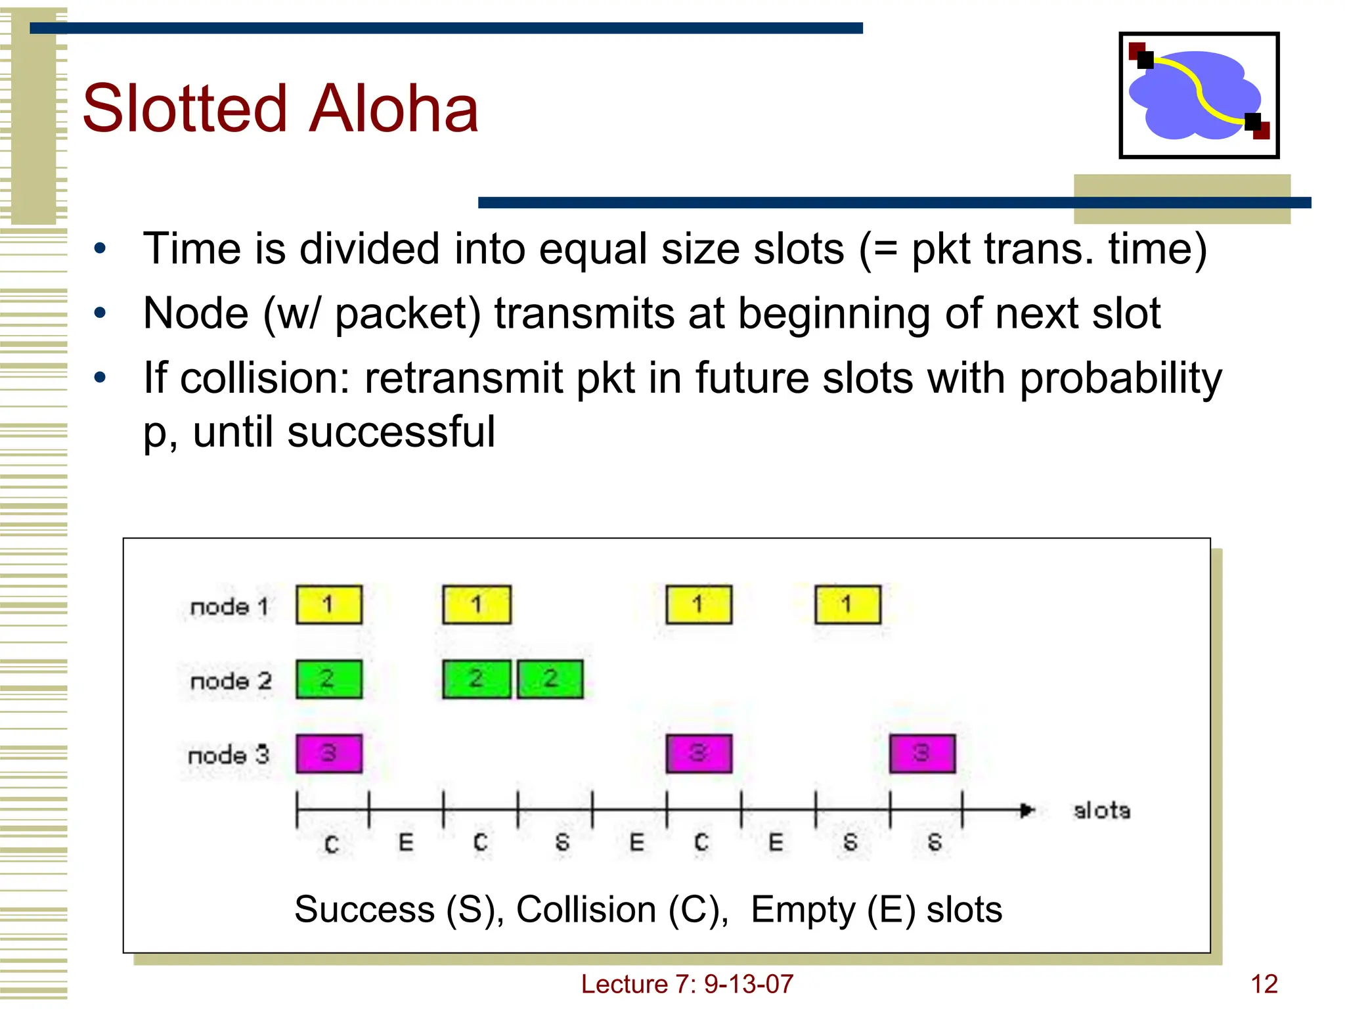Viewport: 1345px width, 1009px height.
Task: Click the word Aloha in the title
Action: tap(393, 109)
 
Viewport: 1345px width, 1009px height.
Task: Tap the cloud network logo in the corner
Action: tap(1199, 95)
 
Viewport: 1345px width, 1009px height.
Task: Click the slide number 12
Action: tap(1264, 984)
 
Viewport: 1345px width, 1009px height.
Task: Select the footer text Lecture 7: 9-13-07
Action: tap(687, 984)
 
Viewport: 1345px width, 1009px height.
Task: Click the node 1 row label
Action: tap(229, 606)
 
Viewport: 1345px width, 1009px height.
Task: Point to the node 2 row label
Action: tap(231, 681)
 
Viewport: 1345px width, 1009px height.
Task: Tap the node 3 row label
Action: tap(229, 755)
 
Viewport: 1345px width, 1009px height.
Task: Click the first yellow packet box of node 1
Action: tap(329, 604)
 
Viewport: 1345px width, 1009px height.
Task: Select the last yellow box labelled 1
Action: tap(847, 604)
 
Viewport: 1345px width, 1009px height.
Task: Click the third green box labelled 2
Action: tap(550, 679)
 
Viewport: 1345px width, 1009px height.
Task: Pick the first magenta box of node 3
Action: tap(329, 753)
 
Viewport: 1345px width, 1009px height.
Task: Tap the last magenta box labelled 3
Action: tap(922, 753)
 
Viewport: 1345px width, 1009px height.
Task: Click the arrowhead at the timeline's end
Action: tap(1027, 810)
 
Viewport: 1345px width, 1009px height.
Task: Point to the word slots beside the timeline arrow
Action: tap(1101, 811)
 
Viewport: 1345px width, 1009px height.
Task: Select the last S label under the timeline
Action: tap(935, 842)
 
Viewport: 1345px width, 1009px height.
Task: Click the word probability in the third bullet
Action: tap(1120, 378)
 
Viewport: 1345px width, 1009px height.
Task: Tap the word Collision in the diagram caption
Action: tap(586, 910)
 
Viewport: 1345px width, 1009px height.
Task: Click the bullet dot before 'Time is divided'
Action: tap(100, 249)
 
